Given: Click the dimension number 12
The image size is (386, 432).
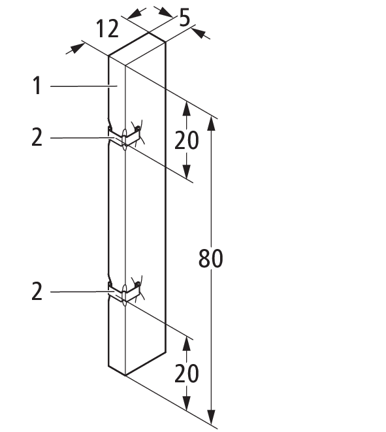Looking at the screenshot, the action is pos(107,29).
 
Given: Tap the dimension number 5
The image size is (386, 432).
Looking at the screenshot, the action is pos(184,18).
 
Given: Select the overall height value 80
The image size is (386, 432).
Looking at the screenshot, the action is pos(210,258).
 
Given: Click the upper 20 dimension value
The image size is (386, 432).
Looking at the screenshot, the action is pos(186,141).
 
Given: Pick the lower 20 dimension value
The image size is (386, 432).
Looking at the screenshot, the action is pos(186,374).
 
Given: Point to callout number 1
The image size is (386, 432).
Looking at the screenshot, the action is pos(37,86).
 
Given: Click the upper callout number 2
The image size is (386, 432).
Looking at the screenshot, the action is pos(37,137).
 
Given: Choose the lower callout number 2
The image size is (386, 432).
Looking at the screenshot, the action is pos(37,291).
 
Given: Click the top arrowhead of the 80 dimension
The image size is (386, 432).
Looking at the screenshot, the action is pos(211,123).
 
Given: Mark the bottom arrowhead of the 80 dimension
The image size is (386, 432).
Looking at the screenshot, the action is pos(211,417).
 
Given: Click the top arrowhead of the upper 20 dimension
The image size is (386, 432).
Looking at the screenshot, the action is pos(187,108).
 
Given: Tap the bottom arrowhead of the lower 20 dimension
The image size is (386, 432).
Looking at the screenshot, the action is pos(187,403).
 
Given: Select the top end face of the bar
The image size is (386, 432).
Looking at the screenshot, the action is pos(137,49).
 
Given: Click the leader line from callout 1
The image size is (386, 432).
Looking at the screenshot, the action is pos(84,86).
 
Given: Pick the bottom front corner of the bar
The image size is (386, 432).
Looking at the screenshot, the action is pos(125,376).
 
